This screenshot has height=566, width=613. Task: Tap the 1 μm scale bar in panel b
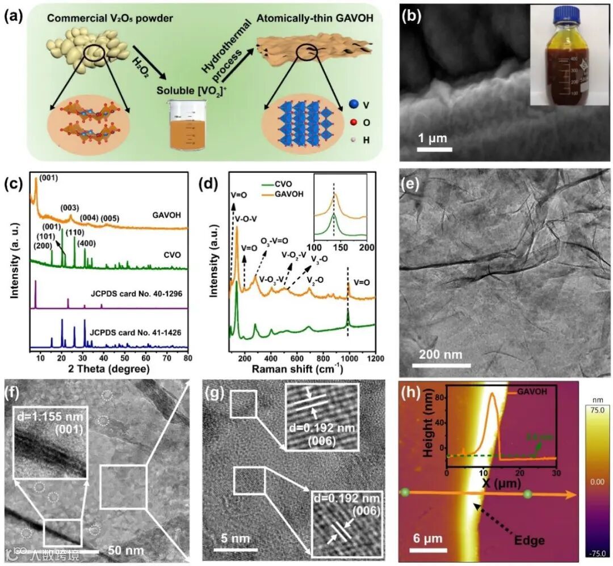pyautogui.click(x=435, y=150)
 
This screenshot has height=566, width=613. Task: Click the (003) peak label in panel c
pyautogui.click(x=69, y=208)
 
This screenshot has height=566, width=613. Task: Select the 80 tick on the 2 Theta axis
pyautogui.click(x=187, y=358)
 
